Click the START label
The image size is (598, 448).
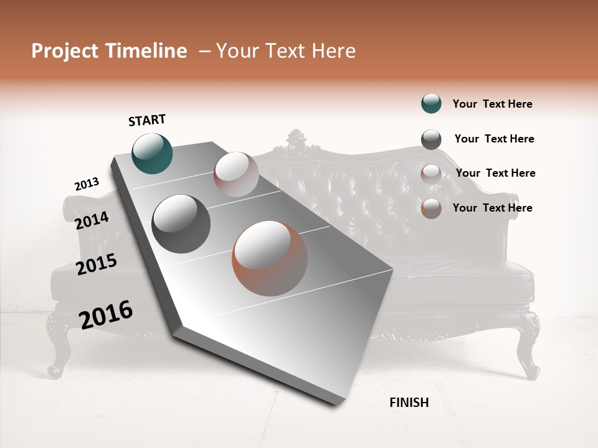click(x=147, y=120)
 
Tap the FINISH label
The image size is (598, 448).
click(x=409, y=403)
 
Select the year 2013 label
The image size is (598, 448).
click(x=87, y=184)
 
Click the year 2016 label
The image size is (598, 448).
click(x=106, y=315)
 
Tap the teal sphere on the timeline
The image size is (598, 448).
click(x=152, y=153)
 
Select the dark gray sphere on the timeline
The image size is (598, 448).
click(x=181, y=224)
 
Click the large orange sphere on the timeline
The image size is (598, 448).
click(x=270, y=258)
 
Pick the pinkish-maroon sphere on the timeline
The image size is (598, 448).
click(x=236, y=174)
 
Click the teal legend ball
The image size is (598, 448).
click(x=431, y=104)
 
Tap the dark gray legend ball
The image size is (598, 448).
click(x=431, y=139)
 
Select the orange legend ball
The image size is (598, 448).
click(x=431, y=208)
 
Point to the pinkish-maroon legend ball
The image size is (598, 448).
click(x=431, y=174)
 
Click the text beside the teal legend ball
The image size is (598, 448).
click(x=492, y=104)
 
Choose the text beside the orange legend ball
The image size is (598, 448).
click(x=492, y=208)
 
